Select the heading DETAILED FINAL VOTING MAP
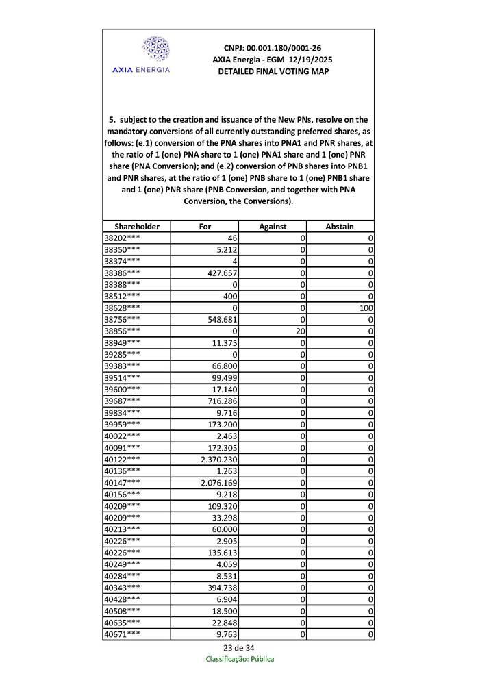click(x=273, y=71)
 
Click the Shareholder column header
click(x=137, y=226)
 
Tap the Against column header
click(x=273, y=226)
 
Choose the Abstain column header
click(x=340, y=226)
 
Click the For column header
click(x=205, y=226)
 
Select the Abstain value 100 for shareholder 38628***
click(x=366, y=308)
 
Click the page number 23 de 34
click(x=239, y=648)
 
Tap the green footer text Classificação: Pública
click(x=239, y=659)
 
